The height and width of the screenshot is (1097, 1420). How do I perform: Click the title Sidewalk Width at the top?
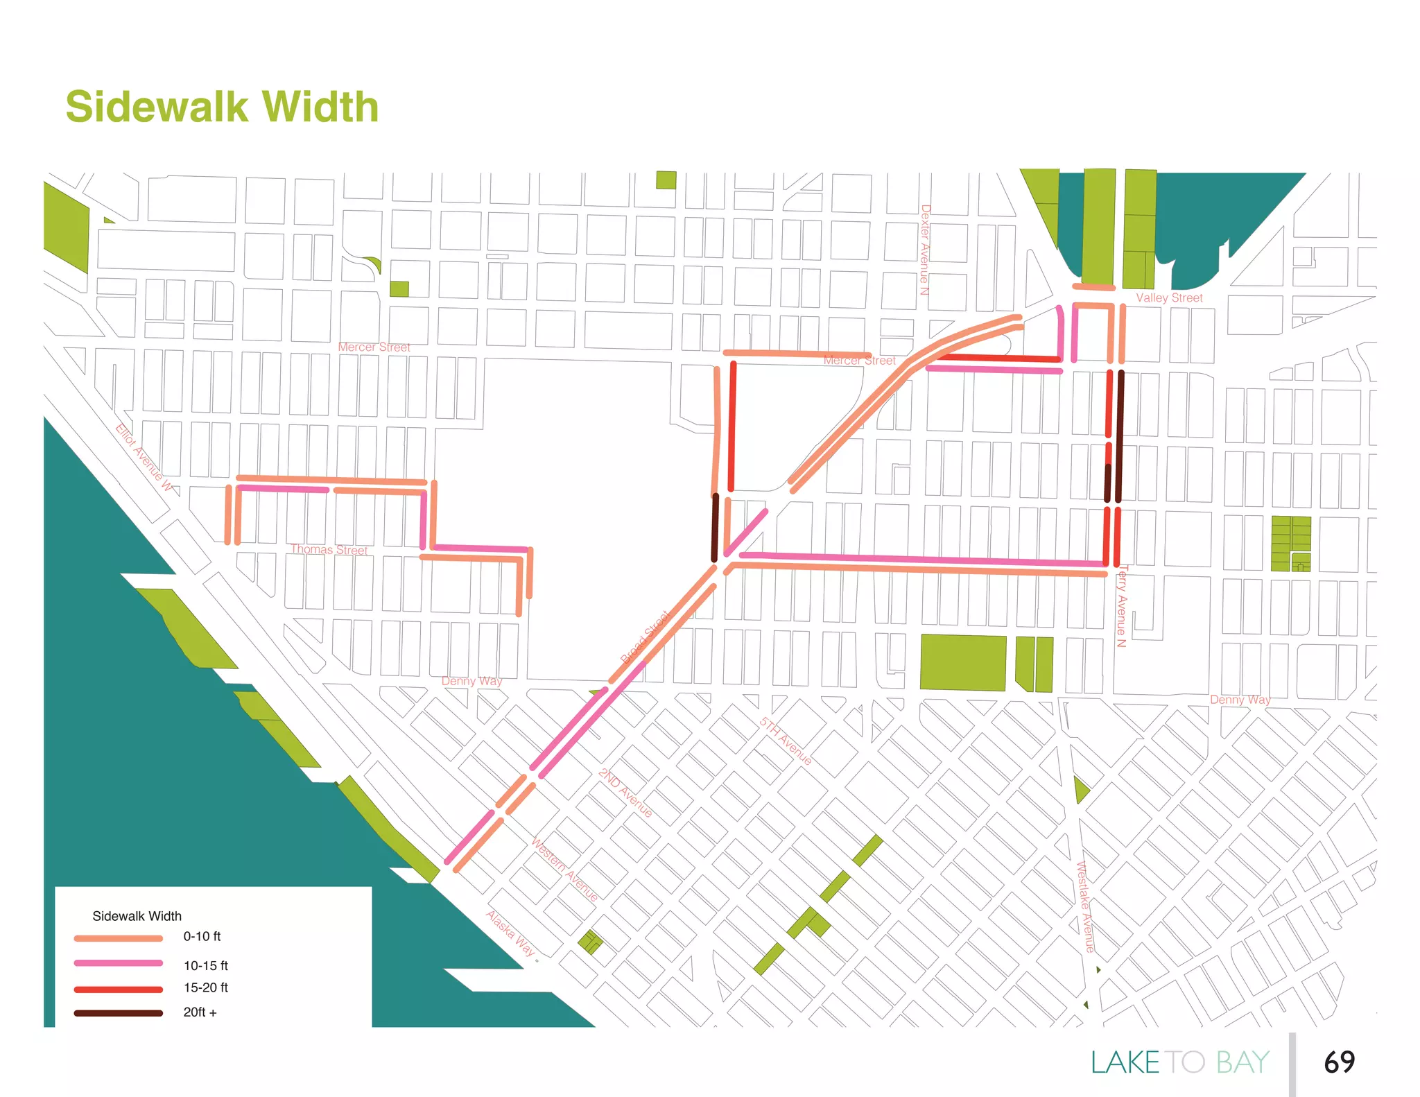point(222,107)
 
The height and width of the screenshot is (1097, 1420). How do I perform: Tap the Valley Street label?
point(1169,297)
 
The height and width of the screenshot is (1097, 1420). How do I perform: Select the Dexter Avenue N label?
point(924,250)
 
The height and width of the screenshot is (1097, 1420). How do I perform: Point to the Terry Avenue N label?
point(1122,606)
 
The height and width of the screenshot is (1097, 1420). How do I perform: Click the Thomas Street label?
point(329,549)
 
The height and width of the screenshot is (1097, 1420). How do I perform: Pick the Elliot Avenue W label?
point(144,457)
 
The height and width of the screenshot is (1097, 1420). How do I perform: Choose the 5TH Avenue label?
point(785,741)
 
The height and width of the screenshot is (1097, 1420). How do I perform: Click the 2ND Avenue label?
point(625,793)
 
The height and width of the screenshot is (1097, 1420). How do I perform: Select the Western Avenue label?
point(564,869)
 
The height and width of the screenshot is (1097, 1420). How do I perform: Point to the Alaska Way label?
point(510,933)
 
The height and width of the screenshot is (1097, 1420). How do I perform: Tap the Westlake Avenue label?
point(1084,906)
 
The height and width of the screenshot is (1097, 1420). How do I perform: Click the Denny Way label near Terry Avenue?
point(1240,699)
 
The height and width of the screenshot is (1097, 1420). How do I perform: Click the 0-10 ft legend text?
point(202,936)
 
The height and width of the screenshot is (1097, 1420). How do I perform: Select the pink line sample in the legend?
point(118,962)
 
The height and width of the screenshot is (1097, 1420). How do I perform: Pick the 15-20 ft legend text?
point(205,987)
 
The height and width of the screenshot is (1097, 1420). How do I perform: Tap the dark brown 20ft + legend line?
point(118,1013)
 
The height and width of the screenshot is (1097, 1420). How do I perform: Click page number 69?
point(1339,1062)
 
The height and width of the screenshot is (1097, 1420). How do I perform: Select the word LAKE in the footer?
point(1125,1062)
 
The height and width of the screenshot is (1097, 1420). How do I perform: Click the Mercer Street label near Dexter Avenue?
point(859,360)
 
